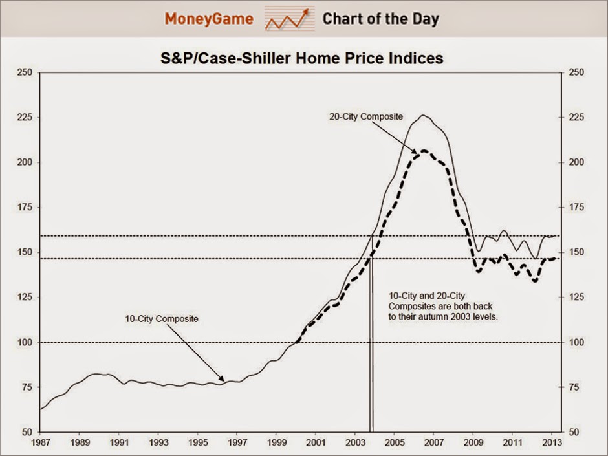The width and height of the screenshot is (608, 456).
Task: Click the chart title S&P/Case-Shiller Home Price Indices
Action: (301, 58)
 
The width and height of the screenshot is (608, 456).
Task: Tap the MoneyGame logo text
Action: (208, 19)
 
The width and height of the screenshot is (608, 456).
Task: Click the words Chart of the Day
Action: (380, 19)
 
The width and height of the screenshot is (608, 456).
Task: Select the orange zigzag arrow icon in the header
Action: (287, 20)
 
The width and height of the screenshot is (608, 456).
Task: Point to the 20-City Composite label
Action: (366, 117)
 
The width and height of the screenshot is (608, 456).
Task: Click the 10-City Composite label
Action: (162, 319)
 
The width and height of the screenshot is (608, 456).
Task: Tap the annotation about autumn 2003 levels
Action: (443, 306)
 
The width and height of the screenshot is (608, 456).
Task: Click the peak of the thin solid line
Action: (423, 116)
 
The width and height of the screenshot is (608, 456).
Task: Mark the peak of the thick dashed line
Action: (424, 150)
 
